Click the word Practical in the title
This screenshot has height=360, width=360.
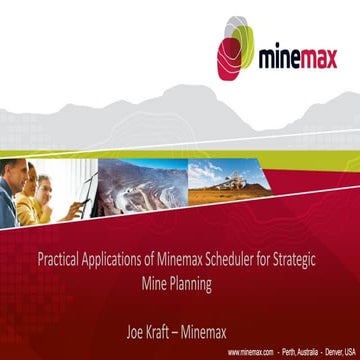55,262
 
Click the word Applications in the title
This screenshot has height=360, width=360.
109,262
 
